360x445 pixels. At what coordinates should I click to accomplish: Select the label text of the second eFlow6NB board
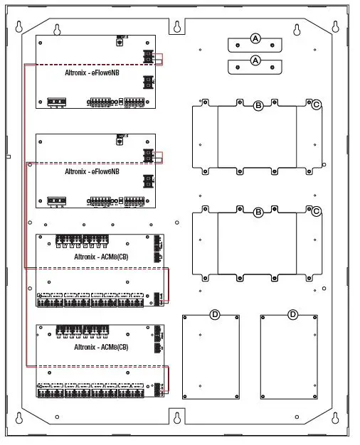[x=92, y=171]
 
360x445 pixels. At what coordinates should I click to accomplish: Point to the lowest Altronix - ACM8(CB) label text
[x=101, y=347]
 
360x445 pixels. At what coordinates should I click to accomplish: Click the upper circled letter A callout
[x=255, y=38]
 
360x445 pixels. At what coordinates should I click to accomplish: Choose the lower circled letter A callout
[x=255, y=61]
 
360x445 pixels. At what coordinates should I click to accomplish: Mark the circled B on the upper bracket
[x=258, y=105]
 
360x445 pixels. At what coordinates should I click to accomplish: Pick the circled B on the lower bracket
[x=258, y=212]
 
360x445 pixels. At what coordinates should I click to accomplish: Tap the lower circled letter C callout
[x=316, y=211]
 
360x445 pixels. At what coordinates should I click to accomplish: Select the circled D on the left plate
[x=214, y=314]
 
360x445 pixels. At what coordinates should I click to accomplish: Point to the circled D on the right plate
[x=292, y=314]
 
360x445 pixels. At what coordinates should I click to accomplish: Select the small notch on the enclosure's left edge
[x=8, y=156]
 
